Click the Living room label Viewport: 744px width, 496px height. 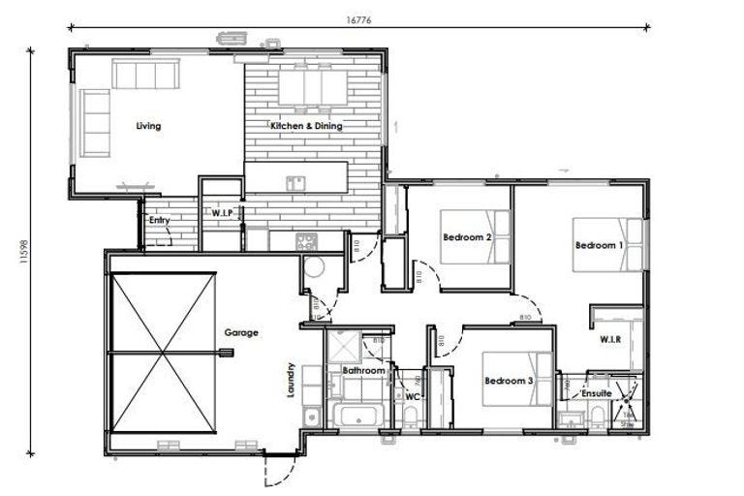click(x=148, y=126)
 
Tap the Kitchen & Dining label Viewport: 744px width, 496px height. click(x=305, y=126)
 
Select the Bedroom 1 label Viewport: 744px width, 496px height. click(x=599, y=245)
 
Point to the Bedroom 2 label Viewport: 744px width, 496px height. click(x=468, y=237)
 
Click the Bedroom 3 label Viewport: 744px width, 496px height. click(x=509, y=381)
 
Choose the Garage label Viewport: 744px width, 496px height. click(x=241, y=333)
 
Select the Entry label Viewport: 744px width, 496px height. click(x=160, y=221)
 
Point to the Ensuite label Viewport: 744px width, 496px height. click(x=595, y=394)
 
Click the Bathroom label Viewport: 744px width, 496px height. click(x=364, y=371)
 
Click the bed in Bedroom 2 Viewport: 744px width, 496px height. click(x=475, y=235)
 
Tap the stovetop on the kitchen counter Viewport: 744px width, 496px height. click(x=305, y=240)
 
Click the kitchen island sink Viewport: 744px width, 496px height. click(x=295, y=180)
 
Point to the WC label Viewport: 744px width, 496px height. click(x=412, y=396)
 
